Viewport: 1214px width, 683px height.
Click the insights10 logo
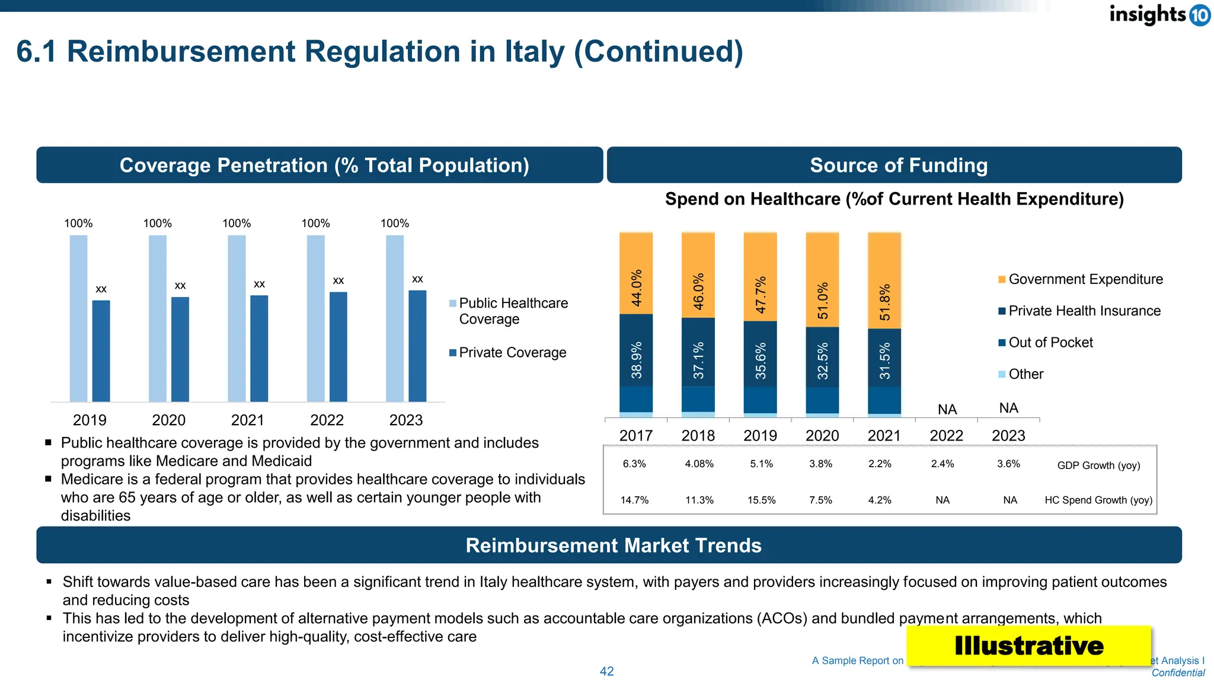click(1158, 14)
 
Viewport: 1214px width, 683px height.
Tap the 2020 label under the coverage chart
click(168, 420)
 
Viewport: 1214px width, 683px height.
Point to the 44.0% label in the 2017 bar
click(637, 288)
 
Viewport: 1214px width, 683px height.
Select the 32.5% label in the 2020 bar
click(823, 361)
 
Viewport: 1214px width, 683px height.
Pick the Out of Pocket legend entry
click(1050, 343)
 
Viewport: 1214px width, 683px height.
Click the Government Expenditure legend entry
click(1085, 279)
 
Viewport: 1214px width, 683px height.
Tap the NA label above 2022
click(947, 410)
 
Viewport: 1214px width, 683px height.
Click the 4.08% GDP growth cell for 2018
click(699, 464)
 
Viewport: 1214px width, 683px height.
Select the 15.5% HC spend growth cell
click(761, 500)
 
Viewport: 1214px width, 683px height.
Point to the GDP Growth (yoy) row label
click(1098, 465)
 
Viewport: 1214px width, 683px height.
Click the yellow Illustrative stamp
click(1028, 646)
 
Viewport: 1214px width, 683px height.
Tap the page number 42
click(607, 671)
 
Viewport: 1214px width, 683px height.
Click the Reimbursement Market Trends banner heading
click(613, 545)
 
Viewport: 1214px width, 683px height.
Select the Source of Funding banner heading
click(898, 165)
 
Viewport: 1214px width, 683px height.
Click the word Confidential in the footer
click(1178, 673)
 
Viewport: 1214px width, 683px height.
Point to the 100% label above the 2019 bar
click(78, 224)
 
